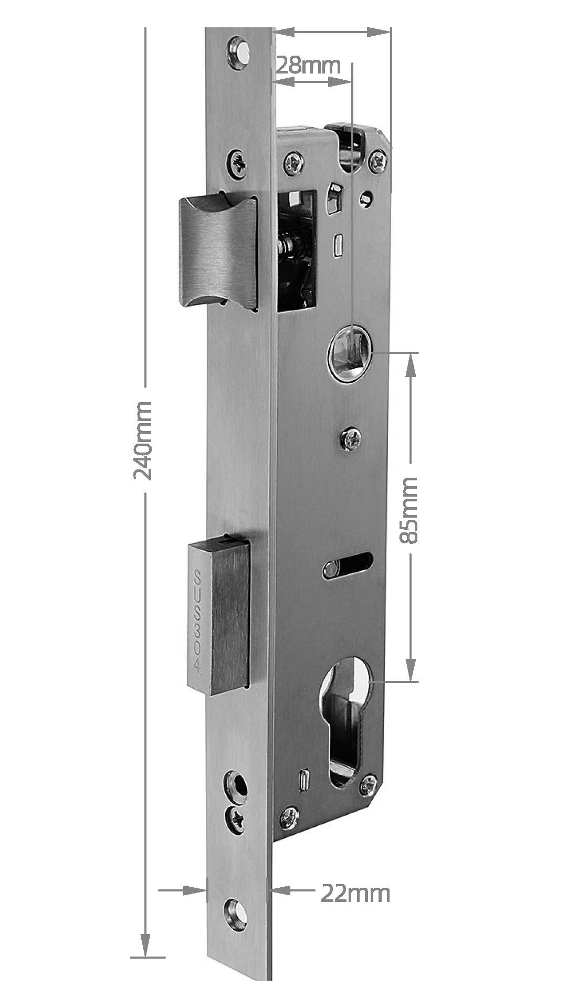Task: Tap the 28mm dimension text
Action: (308, 66)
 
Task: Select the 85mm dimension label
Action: (409, 510)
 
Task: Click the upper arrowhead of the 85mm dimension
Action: (411, 364)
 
